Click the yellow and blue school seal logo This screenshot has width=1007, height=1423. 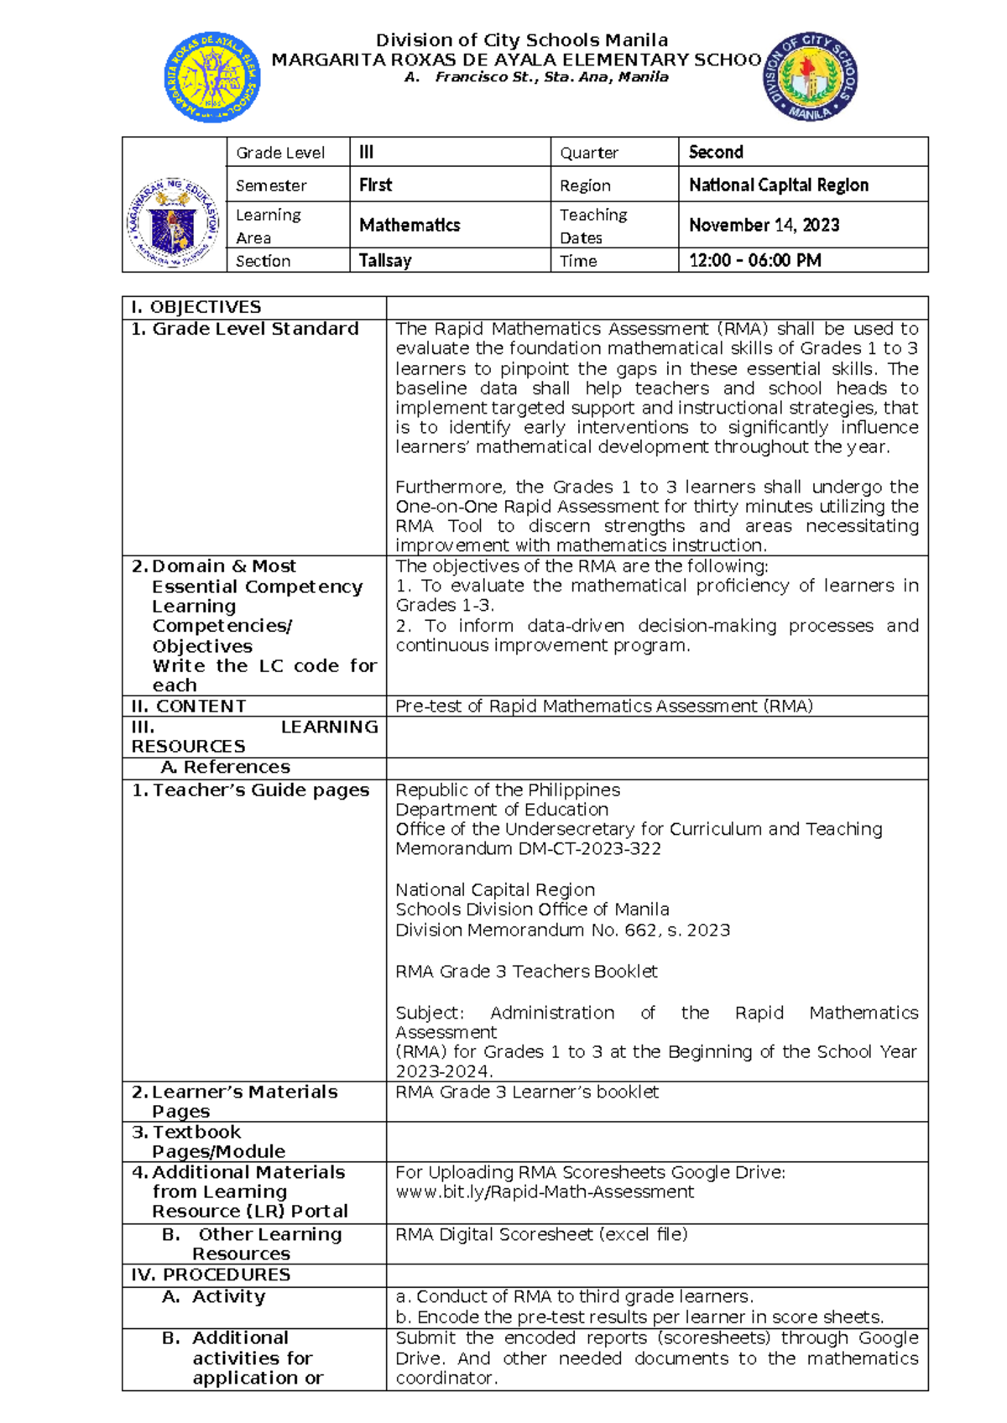point(211,76)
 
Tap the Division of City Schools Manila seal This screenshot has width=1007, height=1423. point(810,77)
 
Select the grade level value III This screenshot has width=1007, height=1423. point(366,152)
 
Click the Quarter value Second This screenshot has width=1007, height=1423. point(716,152)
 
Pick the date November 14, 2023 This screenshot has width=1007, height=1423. point(764,225)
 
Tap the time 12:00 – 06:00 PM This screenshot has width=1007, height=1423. point(754,261)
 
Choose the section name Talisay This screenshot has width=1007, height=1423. point(385,261)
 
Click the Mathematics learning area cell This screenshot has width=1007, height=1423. point(410,225)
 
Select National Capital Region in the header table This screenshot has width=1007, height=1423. point(778,185)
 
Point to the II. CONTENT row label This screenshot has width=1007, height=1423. point(189,706)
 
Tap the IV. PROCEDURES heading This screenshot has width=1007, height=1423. point(211,1274)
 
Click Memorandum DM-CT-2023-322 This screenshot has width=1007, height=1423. point(528,848)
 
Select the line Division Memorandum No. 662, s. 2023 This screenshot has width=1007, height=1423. point(562,930)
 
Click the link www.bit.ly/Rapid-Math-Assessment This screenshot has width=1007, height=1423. point(545,1191)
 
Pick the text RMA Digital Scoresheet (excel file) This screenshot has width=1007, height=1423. point(541,1234)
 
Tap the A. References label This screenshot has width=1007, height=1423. point(225,767)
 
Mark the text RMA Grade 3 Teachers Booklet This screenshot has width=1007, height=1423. point(526,971)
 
